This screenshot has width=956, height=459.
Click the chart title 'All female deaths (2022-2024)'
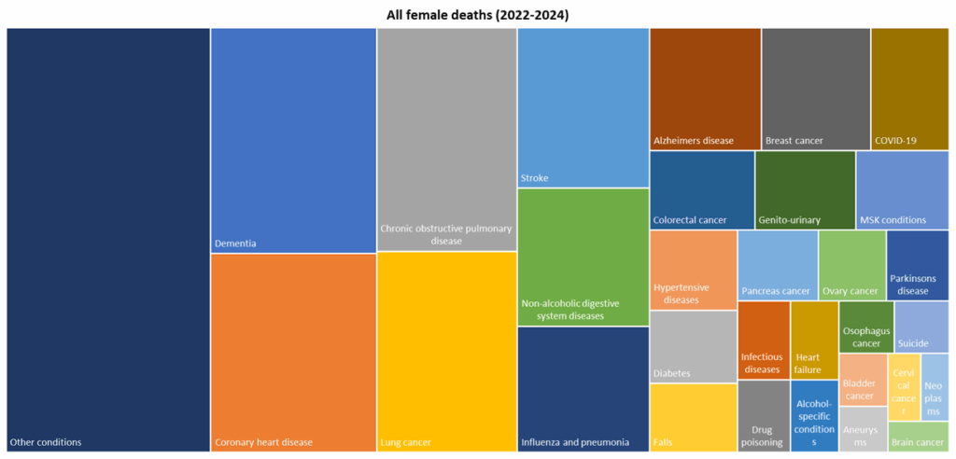(x=477, y=15)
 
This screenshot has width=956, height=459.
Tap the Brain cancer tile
(x=917, y=436)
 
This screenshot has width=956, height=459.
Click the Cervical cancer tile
(x=904, y=386)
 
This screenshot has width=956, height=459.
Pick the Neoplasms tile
(x=935, y=386)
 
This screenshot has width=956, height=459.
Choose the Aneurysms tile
(x=863, y=429)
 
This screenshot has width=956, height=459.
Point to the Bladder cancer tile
(x=863, y=379)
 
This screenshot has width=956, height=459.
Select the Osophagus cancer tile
(x=865, y=327)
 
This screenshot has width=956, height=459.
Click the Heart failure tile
(x=814, y=340)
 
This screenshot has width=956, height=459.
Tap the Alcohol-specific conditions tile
(x=814, y=416)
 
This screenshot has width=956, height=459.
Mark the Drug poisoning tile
(x=764, y=416)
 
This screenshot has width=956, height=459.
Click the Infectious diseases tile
(x=764, y=340)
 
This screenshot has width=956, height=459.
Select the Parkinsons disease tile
(x=917, y=265)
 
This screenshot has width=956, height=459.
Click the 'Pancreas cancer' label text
(x=776, y=291)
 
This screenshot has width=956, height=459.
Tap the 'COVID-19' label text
(x=895, y=141)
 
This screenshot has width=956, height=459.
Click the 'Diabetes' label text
(x=672, y=373)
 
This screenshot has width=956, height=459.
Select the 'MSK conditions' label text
(x=893, y=220)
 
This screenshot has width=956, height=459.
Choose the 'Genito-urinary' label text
(x=790, y=220)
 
